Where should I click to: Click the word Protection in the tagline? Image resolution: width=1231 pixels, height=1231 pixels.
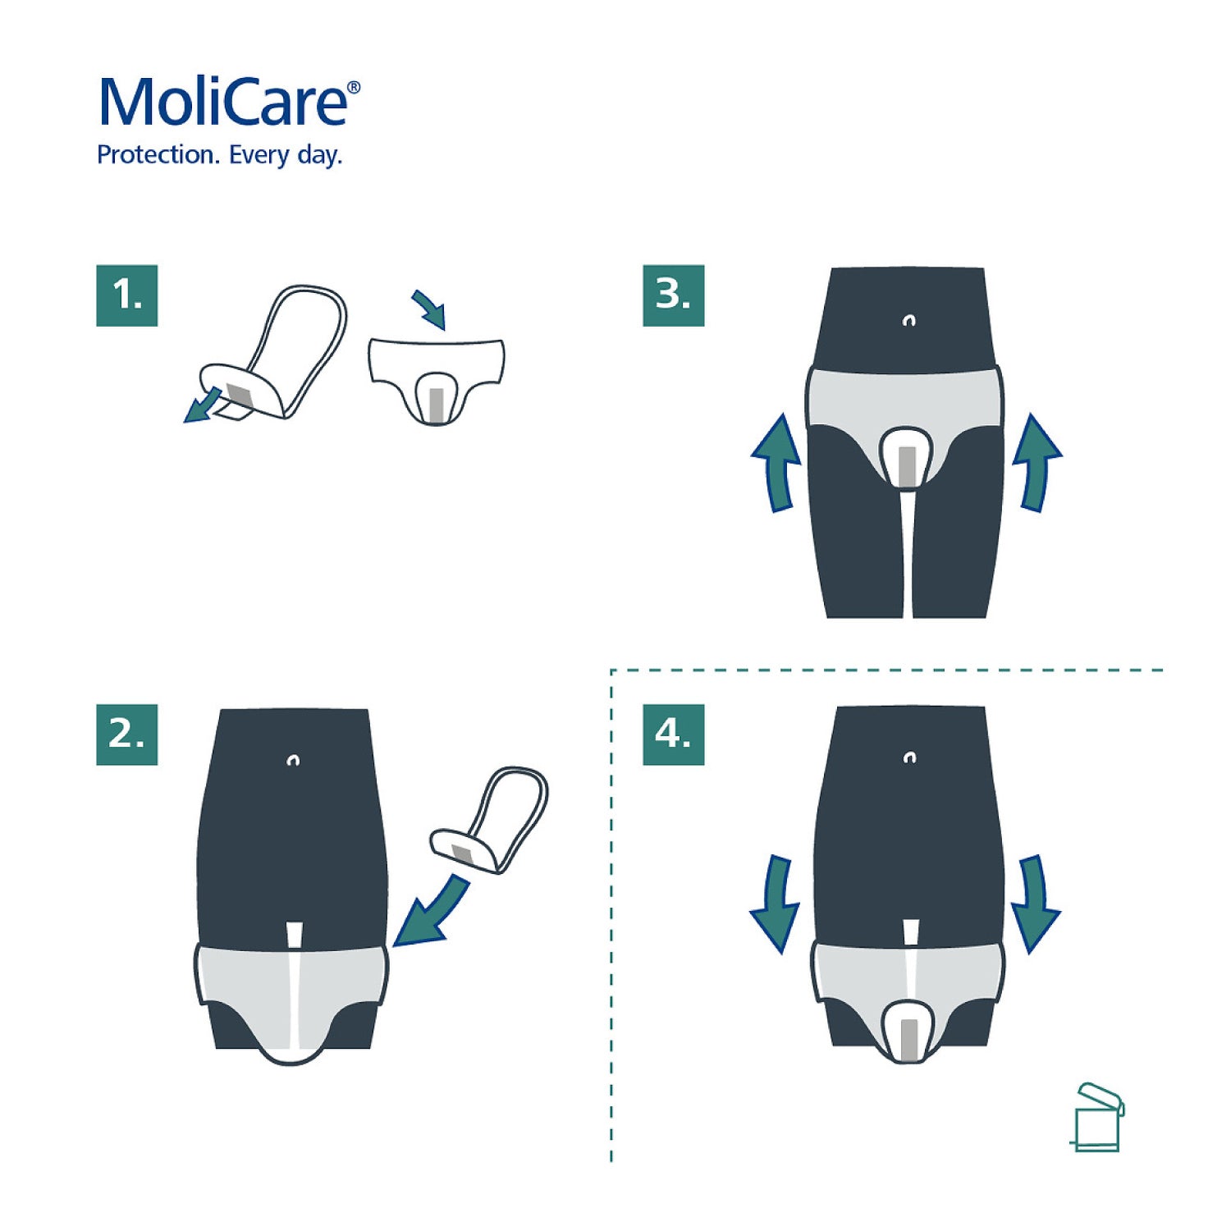coord(156,154)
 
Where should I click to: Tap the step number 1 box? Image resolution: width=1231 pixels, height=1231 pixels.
coord(126,295)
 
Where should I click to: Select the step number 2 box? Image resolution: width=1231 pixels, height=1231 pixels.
coord(126,734)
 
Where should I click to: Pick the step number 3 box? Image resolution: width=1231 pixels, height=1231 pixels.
coord(673,295)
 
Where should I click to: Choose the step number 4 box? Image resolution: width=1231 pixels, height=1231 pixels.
coord(673,734)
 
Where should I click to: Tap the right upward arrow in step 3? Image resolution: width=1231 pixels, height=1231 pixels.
coord(1037,463)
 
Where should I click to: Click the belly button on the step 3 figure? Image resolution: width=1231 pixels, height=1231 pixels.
coord(908,320)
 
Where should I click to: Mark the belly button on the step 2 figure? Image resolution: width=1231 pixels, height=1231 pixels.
coord(293,761)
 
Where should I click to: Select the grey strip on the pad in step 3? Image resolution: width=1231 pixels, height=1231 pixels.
coord(907,464)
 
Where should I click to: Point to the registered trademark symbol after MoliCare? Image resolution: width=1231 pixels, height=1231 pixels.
coord(354,87)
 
